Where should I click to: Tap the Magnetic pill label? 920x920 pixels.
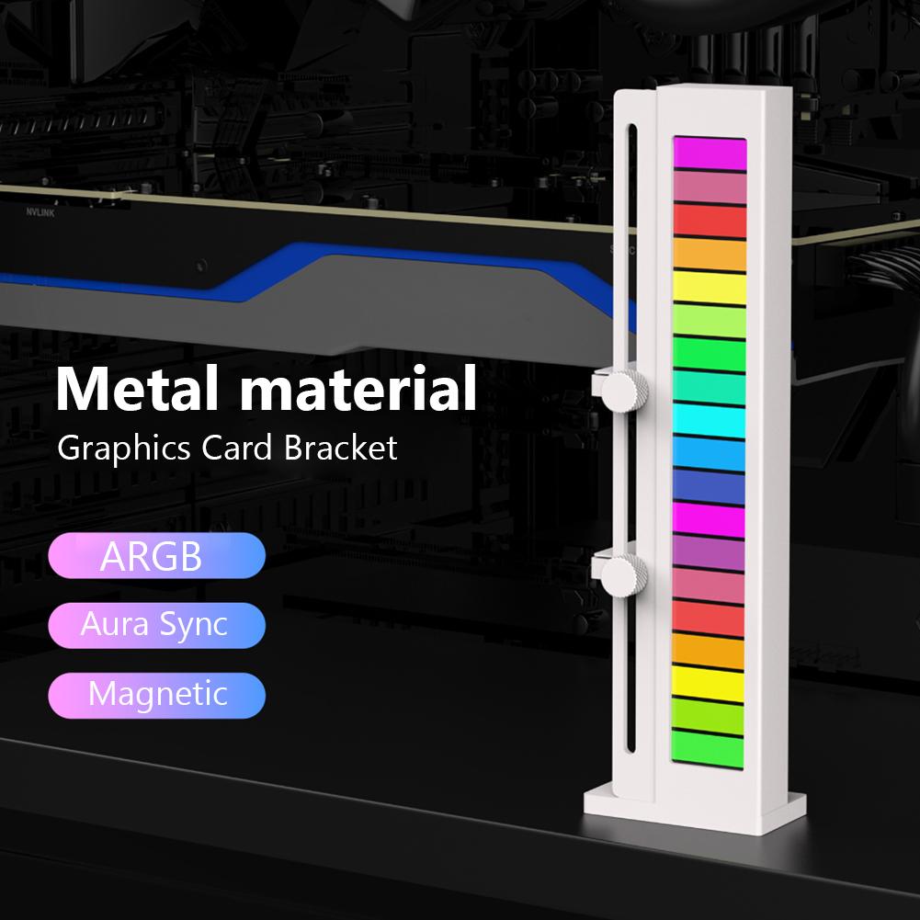click(157, 694)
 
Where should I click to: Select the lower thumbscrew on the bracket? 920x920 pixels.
click(625, 573)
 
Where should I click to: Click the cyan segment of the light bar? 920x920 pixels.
click(710, 419)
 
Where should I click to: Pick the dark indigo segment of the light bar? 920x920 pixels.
click(710, 487)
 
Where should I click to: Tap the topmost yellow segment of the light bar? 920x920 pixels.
click(710, 286)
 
